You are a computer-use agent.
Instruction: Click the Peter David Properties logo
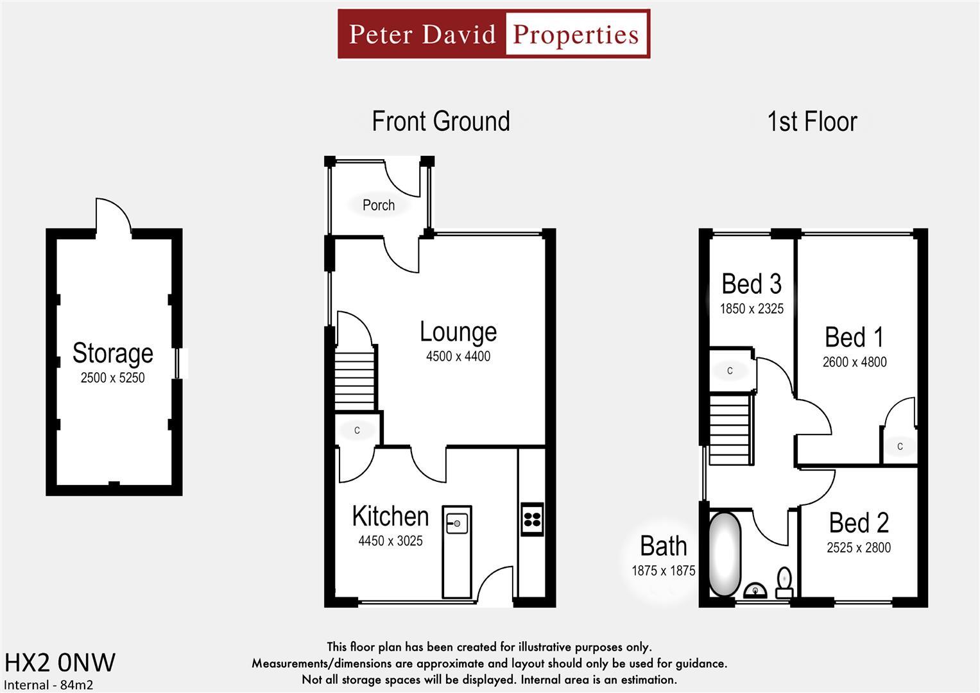494,34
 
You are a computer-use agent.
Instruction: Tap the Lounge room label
458,332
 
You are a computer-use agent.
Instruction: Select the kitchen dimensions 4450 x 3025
390,541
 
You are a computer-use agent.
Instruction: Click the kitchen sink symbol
456,523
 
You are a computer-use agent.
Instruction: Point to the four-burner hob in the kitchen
532,518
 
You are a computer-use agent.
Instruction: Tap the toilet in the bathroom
784,581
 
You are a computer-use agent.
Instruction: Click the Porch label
379,205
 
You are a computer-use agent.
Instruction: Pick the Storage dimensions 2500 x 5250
112,378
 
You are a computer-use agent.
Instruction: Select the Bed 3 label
752,284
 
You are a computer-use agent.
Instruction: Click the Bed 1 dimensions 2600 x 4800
854,362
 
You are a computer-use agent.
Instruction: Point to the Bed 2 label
859,523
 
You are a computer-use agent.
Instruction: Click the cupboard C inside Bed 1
900,447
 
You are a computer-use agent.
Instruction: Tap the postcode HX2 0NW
60,662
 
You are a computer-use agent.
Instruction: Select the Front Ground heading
441,121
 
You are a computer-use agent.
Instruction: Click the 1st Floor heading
812,121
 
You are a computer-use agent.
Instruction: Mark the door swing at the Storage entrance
113,215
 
